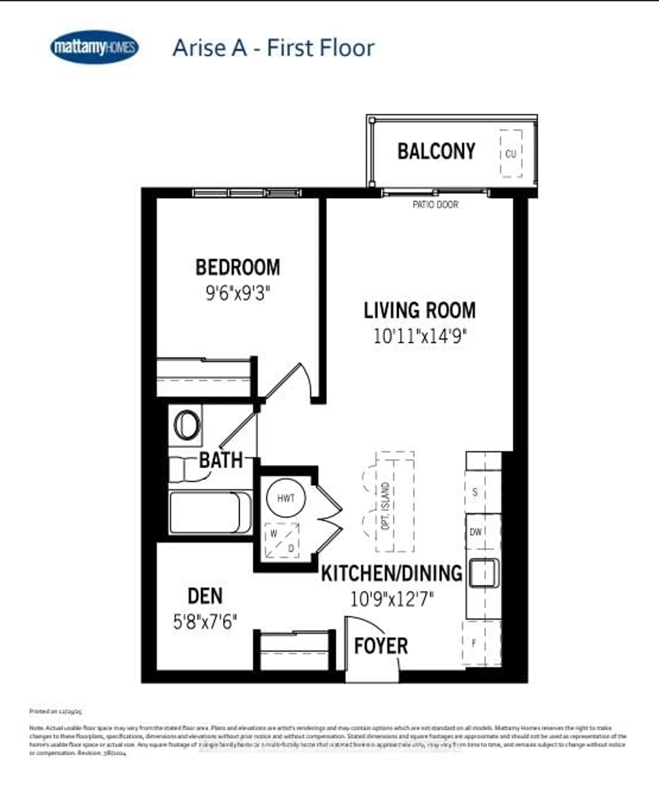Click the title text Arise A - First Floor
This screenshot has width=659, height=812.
(273, 48)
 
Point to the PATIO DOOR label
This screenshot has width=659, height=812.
(435, 205)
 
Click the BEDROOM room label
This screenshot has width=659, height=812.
(238, 267)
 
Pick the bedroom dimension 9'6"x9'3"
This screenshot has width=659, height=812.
(238, 293)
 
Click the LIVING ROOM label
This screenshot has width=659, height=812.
(419, 310)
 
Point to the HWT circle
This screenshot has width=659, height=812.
(286, 498)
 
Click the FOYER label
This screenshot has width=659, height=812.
(381, 646)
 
